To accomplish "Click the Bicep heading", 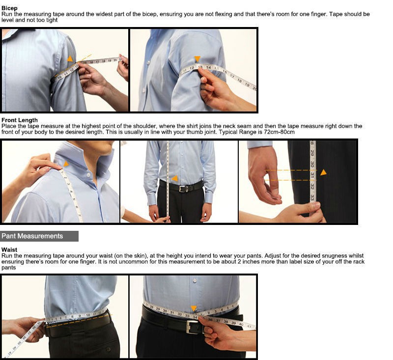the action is tap(9, 8).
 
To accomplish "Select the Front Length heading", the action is tap(20, 120).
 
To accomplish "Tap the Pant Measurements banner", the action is tap(39, 236).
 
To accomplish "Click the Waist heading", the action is tap(9, 249).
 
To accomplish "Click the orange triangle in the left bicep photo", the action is tap(70, 59).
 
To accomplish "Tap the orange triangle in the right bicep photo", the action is tap(197, 59).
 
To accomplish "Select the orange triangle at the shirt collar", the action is tap(66, 164).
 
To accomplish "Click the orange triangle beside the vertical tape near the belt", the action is tap(175, 178).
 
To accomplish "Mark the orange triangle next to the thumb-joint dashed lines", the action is tap(323, 172).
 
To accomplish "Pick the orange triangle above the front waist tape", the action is tap(194, 308).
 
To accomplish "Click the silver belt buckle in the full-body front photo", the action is tap(183, 189).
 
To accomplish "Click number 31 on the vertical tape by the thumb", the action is tap(312, 175).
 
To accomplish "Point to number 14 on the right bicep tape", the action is tap(208, 67).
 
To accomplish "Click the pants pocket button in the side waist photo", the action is tap(109, 349).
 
